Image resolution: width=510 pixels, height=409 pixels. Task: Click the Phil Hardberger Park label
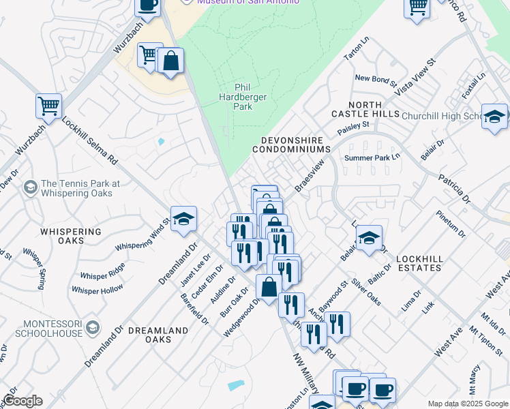(250, 97)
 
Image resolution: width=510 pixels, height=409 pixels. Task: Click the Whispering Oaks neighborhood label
(71, 236)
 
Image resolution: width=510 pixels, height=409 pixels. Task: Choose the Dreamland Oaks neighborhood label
(157, 335)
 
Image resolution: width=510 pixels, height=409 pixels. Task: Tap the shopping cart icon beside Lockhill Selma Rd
(49, 106)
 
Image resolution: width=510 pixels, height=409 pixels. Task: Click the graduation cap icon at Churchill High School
(494, 117)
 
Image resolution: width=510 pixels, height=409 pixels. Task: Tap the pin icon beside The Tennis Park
(30, 187)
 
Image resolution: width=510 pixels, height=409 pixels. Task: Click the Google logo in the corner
(22, 401)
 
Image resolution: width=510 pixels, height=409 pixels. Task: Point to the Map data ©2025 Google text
(467, 404)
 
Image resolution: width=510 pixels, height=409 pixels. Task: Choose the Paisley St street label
(352, 127)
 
